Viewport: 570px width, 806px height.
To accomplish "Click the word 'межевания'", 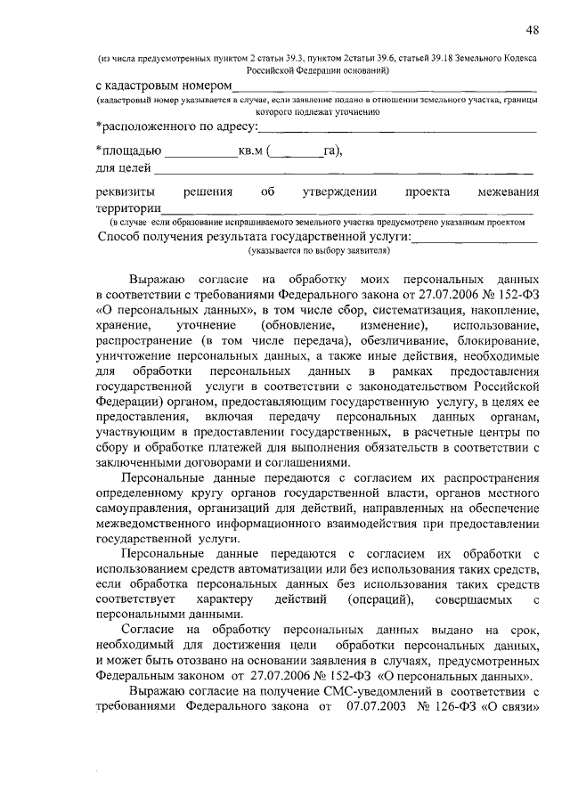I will (x=507, y=192).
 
